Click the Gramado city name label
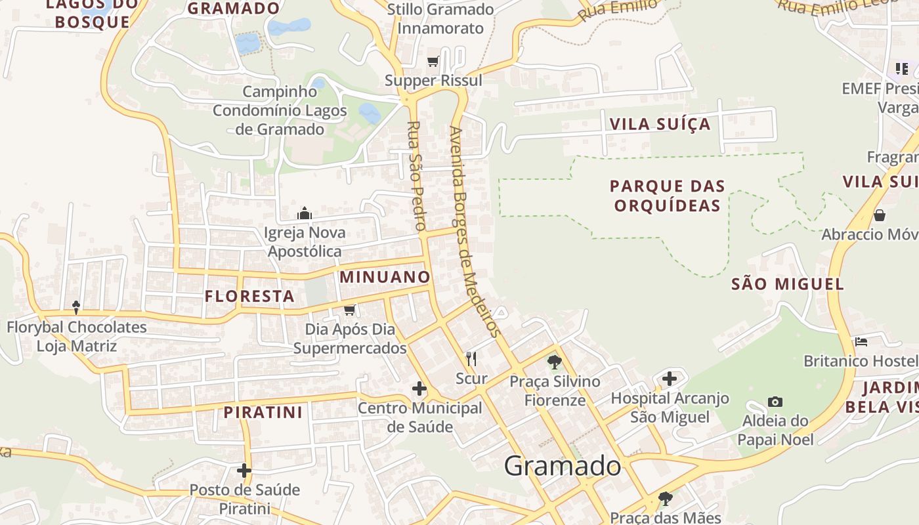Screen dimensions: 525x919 tap(563, 466)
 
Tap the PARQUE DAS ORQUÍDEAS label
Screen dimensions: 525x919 tap(667, 196)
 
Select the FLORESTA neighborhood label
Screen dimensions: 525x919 tap(249, 296)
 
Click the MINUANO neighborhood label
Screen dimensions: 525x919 tap(385, 277)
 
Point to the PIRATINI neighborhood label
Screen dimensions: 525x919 tap(263, 412)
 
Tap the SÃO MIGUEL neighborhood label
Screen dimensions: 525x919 tap(788, 284)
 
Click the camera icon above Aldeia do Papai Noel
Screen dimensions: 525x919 tap(775, 402)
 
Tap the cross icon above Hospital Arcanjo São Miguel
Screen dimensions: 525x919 tap(670, 379)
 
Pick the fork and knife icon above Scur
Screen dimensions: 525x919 tap(471, 358)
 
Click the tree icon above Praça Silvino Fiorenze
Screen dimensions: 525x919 tap(555, 362)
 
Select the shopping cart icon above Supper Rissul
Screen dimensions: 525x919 tap(433, 62)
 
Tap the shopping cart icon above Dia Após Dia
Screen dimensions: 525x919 tap(349, 310)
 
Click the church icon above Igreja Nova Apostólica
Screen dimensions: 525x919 tap(304, 213)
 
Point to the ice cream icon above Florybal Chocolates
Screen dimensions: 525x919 tap(76, 306)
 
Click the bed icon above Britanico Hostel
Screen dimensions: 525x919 tap(861, 342)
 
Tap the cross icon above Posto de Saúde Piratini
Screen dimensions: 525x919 tap(244, 471)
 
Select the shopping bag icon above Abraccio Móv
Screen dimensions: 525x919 tap(879, 215)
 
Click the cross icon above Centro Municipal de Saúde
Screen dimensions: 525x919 tap(419, 389)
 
